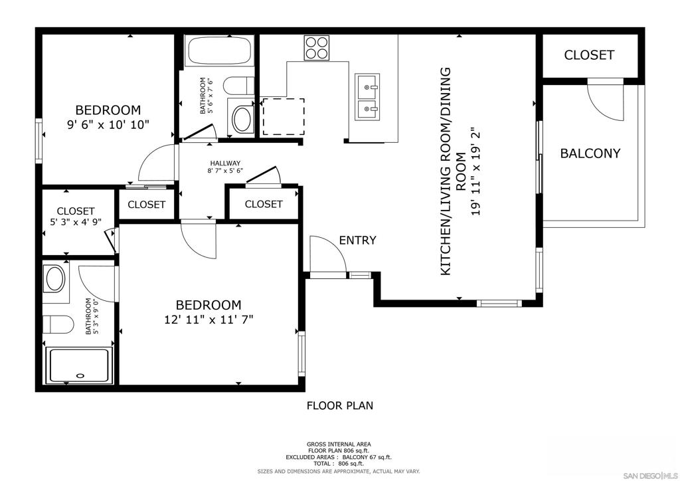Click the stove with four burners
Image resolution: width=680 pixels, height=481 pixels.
317,48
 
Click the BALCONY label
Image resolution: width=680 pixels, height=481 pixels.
590,153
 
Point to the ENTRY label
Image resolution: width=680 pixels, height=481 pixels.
357,241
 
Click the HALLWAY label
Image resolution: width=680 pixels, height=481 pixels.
225,163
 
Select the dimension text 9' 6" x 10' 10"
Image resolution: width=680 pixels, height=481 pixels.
108,124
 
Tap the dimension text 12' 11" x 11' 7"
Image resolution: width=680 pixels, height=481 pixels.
209,320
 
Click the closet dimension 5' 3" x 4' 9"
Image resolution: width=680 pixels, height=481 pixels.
75,223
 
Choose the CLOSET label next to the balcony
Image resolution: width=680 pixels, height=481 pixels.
589,55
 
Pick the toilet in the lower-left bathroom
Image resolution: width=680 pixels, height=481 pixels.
58,324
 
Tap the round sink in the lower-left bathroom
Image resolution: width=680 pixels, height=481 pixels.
54,279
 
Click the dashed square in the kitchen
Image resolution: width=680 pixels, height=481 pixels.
283,117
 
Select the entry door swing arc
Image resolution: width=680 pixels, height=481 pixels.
327,254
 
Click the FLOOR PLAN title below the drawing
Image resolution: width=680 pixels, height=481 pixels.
340,405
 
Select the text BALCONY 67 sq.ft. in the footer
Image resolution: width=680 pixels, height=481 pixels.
367,457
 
